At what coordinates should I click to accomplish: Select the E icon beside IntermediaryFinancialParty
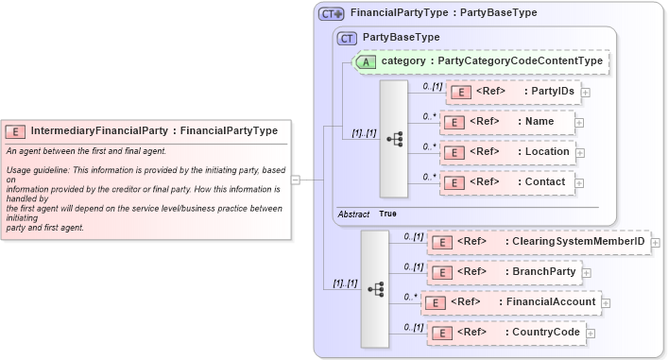[16, 131]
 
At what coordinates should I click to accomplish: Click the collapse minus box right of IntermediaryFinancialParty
[296, 179]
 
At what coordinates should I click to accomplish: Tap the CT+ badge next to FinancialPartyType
[331, 13]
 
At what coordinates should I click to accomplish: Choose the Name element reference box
[506, 122]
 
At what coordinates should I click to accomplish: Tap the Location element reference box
[506, 152]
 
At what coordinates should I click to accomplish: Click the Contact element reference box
[506, 182]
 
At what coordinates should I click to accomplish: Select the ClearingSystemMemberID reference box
[539, 242]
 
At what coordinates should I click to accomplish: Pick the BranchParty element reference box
[505, 272]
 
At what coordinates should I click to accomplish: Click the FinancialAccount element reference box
[511, 302]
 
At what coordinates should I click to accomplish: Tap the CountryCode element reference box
[505, 333]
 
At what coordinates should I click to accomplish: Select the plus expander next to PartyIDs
[586, 93]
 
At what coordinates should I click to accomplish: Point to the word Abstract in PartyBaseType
[353, 214]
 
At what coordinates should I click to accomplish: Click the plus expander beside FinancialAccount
[607, 303]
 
